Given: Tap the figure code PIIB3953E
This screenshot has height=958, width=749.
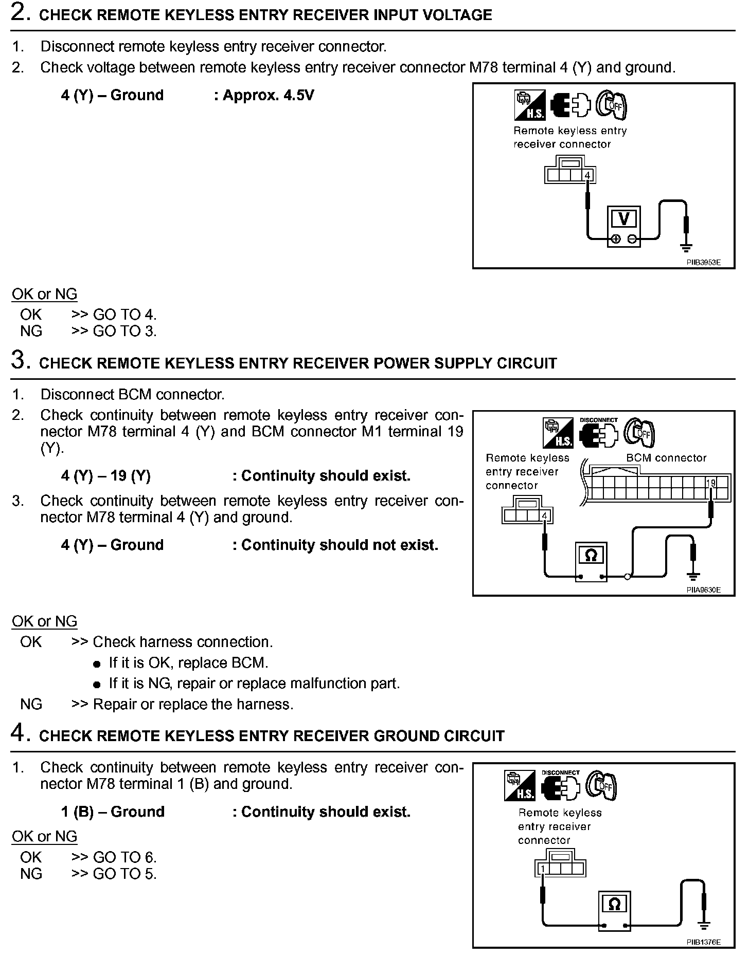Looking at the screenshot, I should (703, 262).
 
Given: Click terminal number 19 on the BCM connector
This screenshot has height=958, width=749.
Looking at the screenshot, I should (710, 483).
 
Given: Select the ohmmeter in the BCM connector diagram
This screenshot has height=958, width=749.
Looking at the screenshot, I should (591, 561).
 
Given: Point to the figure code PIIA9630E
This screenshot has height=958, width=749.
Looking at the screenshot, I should (703, 589).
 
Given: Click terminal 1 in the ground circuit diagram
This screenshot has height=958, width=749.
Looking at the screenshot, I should (542, 868).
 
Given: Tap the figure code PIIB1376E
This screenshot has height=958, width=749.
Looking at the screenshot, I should (703, 942).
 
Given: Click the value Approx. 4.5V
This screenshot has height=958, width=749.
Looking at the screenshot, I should (267, 95).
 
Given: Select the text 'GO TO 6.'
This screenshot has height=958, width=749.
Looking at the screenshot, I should (124, 857).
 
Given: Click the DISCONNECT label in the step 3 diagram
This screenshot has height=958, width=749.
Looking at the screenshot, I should (598, 420).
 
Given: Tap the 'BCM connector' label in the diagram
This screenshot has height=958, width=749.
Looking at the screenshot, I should (666, 457).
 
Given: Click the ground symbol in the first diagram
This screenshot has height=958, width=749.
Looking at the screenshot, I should (685, 248).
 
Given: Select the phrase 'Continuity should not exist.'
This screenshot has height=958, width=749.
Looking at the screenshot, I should (340, 545).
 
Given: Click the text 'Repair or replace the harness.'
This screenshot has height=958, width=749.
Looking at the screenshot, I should (193, 704).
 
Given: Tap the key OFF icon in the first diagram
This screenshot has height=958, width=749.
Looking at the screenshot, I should (612, 105).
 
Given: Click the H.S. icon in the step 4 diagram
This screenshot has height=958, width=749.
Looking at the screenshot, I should (520, 786).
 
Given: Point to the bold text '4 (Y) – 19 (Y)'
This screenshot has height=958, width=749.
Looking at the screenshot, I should (105, 475).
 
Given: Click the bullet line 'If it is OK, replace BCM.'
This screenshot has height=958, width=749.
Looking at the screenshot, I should (188, 662).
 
